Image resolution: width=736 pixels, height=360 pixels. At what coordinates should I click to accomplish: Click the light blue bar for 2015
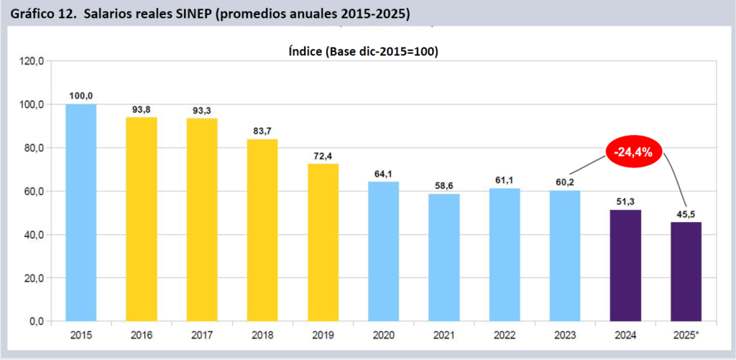click(80, 213)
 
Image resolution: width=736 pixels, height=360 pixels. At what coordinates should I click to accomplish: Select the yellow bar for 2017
click(202, 220)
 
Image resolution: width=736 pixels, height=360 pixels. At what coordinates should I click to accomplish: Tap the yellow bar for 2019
click(323, 242)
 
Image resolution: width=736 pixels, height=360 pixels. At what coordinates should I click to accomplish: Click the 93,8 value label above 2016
click(141, 109)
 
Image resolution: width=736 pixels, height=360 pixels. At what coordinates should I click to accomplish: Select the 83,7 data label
click(262, 131)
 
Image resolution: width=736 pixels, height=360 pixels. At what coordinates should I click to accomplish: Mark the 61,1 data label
click(505, 180)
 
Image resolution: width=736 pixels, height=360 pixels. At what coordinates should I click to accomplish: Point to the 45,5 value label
click(686, 213)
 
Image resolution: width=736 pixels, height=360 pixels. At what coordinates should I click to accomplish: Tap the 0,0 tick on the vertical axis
click(37, 321)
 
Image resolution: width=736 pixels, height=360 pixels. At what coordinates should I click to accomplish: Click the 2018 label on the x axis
click(262, 335)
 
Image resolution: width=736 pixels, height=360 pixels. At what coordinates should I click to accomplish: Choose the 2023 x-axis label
click(565, 335)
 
